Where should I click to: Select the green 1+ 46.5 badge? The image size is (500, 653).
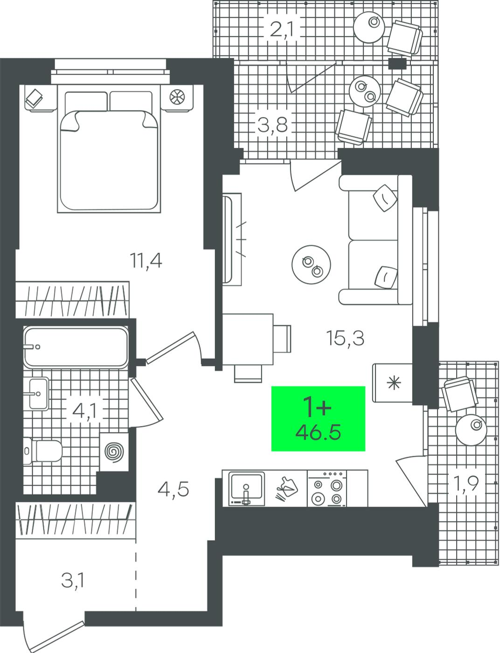(318, 418)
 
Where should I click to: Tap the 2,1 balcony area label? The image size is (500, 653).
(282, 30)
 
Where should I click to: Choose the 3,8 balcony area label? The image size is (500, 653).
(273, 125)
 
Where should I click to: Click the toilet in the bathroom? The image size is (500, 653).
(42, 451)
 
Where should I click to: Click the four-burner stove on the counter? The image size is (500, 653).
(326, 488)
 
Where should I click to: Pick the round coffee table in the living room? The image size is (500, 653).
(311, 264)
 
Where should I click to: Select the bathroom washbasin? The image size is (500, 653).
(38, 394)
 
